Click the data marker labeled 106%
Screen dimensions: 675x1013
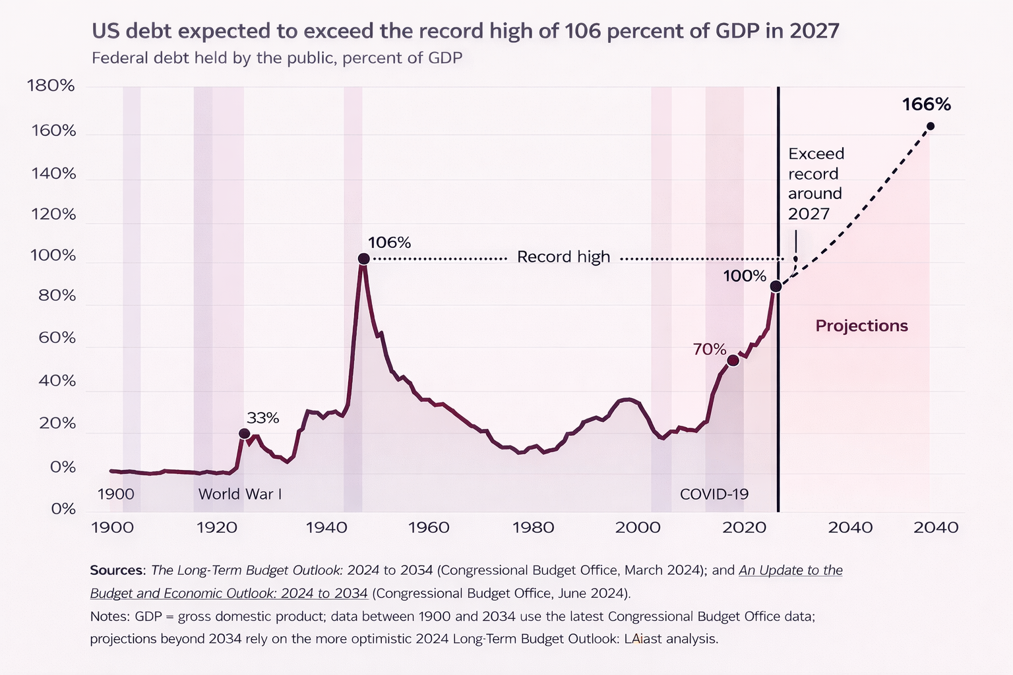click(x=363, y=259)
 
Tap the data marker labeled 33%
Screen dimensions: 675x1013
click(x=244, y=433)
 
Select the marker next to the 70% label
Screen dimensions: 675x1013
click(x=733, y=360)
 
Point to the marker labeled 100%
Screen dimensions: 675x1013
click(x=776, y=286)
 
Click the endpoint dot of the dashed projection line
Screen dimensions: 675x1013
click(x=930, y=126)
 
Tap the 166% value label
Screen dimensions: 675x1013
click(x=926, y=105)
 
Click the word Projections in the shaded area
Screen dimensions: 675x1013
click(x=861, y=326)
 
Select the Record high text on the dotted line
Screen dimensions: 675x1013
click(x=563, y=257)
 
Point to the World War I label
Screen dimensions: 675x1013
click(x=240, y=494)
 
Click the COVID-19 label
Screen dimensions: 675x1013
click(x=714, y=494)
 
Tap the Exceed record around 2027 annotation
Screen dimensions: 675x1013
click(x=816, y=183)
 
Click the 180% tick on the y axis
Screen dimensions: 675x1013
click(x=51, y=86)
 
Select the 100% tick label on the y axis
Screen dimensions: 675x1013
click(x=53, y=256)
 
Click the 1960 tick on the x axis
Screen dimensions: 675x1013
click(x=429, y=527)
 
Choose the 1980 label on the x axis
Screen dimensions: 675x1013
click(x=533, y=527)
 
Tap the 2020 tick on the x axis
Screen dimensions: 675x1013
click(x=743, y=527)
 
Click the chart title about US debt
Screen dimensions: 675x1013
click(x=465, y=31)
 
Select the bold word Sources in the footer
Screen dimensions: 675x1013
click(x=116, y=570)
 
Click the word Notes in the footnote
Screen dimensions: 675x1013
click(x=109, y=616)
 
